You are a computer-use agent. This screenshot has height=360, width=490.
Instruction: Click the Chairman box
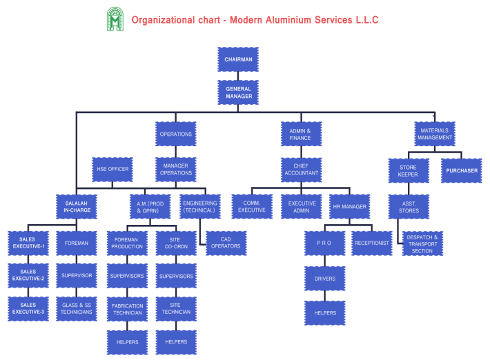(238, 60)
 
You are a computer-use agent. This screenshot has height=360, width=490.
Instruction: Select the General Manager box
(238, 92)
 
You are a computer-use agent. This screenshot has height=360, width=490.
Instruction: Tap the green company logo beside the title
(115, 19)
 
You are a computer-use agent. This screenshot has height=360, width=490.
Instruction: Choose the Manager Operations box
(175, 168)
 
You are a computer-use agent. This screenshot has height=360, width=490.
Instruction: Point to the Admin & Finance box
(300, 134)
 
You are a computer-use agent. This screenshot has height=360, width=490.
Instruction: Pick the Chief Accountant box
(300, 169)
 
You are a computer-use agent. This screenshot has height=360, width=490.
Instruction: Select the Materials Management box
(435, 133)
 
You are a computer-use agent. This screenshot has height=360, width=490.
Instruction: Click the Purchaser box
(461, 170)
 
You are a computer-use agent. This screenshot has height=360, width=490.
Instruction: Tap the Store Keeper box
(409, 170)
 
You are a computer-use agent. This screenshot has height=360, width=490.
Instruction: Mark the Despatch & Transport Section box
(422, 243)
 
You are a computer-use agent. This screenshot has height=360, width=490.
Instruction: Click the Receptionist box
(371, 243)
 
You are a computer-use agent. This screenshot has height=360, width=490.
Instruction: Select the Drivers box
(324, 278)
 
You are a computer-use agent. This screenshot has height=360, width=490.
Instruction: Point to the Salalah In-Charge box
(77, 205)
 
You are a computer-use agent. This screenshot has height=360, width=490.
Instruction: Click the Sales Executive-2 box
(28, 274)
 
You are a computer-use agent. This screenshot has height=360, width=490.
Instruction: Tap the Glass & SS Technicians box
(77, 308)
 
